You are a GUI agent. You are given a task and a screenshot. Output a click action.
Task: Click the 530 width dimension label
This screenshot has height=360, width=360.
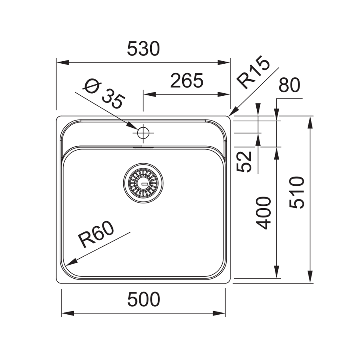tap(143, 49)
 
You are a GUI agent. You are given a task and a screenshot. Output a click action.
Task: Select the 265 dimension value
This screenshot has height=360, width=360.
tap(187, 81)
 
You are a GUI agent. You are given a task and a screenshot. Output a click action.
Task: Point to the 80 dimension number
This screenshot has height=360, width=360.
tap(289, 86)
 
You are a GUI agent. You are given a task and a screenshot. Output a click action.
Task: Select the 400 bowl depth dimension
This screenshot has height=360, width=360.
tap(264, 213)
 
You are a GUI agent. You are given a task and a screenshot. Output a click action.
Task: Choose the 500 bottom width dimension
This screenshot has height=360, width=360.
tap(143, 299)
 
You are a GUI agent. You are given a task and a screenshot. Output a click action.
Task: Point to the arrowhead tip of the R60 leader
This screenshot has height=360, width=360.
tap(67, 265)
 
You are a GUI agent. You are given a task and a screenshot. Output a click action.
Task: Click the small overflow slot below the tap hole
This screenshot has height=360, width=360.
tap(143, 147)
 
